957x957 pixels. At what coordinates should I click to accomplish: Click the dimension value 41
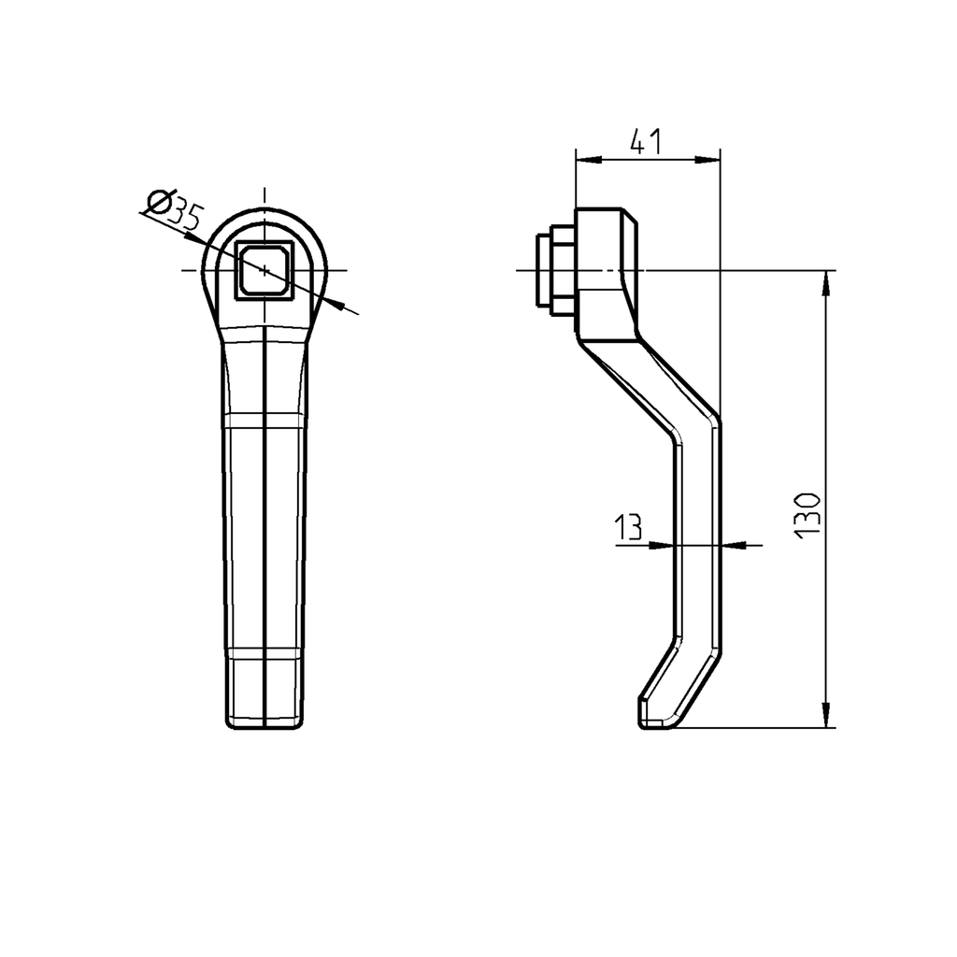tap(646, 142)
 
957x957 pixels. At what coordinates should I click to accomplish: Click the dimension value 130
tap(808, 513)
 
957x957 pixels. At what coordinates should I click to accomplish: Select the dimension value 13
tap(629, 528)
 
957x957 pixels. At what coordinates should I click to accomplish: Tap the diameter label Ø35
tap(176, 209)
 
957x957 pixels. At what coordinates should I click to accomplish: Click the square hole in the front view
tap(264, 270)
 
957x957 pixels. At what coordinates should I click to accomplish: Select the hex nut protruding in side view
tap(554, 270)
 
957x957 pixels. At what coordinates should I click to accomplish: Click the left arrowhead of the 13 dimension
tap(666, 544)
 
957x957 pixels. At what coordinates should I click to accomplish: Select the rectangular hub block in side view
tap(607, 273)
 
